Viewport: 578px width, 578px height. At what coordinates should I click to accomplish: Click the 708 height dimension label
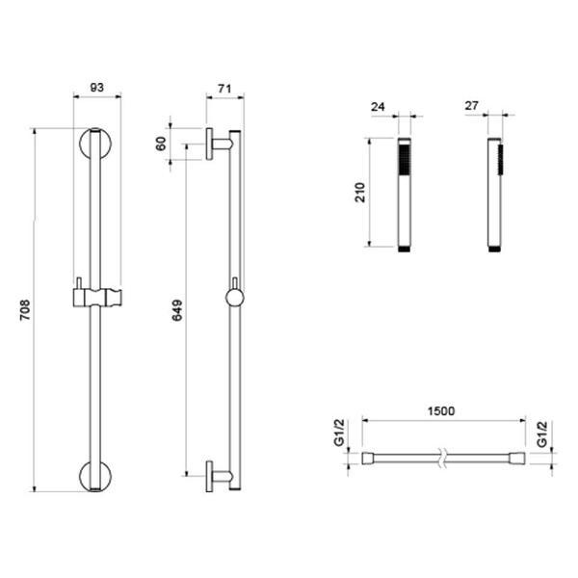25,310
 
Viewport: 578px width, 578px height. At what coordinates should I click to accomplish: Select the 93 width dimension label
97,88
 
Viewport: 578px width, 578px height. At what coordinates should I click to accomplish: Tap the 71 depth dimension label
224,89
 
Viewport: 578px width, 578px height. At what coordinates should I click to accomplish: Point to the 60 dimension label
161,144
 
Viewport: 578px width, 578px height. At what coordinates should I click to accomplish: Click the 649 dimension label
177,310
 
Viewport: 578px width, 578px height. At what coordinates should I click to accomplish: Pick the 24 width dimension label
378,107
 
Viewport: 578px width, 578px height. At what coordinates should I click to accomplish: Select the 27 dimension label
471,106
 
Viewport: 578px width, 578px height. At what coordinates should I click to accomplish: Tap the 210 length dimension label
359,192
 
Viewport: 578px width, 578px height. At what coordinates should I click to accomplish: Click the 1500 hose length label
441,410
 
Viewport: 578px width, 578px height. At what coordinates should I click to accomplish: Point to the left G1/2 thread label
339,433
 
